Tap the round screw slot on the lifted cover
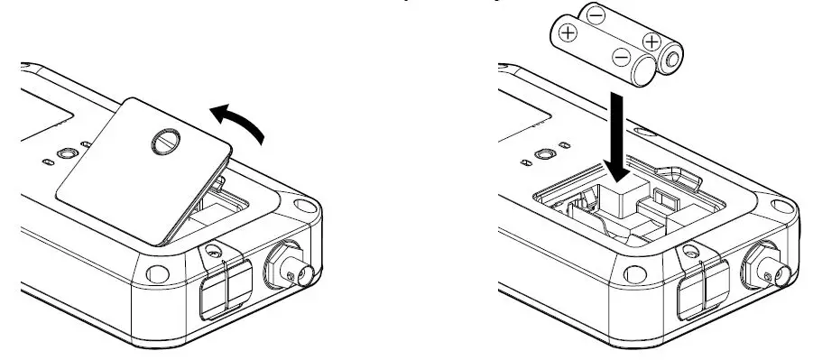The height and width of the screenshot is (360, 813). [x=165, y=141]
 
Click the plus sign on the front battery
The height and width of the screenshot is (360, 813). [x=568, y=32]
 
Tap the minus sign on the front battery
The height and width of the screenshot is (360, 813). [x=622, y=58]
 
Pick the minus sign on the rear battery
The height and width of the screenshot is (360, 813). [x=596, y=15]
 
